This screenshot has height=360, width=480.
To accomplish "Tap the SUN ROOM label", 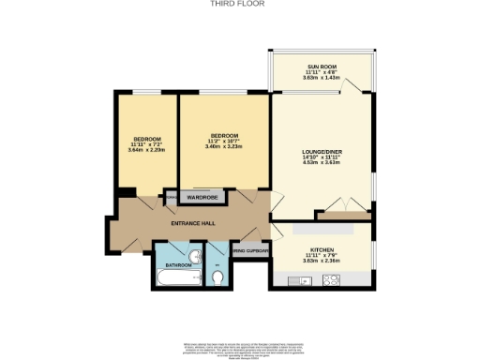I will click(x=322, y=67).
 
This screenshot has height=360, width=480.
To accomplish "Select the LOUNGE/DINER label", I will click(x=322, y=151).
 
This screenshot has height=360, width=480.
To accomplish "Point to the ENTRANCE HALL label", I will click(x=193, y=222).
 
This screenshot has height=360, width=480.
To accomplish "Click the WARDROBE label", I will click(x=202, y=198).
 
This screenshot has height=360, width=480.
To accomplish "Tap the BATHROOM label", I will click(x=178, y=265).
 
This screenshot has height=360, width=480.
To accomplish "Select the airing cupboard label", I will click(x=251, y=251).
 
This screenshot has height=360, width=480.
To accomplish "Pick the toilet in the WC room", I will click(x=217, y=277).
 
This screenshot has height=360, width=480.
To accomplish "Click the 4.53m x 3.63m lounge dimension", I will click(x=322, y=162).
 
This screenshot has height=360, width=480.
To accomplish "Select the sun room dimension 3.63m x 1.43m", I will click(x=322, y=78).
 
